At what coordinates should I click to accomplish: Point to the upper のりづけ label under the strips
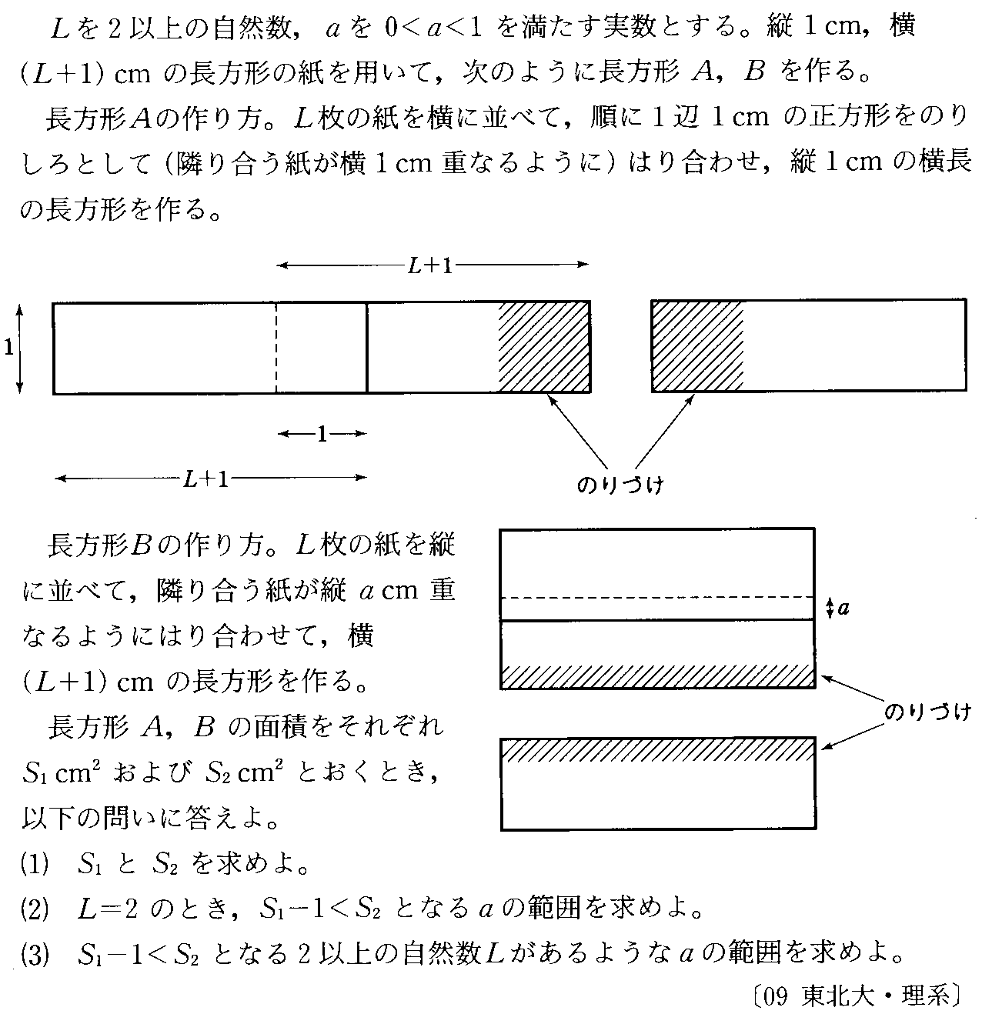click(x=620, y=485)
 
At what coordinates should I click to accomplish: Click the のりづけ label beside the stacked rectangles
click(x=927, y=712)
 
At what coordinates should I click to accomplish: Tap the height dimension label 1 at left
click(x=8, y=348)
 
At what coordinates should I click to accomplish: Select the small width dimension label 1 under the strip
click(x=322, y=435)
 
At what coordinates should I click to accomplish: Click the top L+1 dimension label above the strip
click(x=431, y=265)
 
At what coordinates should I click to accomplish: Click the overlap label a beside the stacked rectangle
click(x=843, y=609)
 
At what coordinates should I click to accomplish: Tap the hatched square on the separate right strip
click(x=697, y=346)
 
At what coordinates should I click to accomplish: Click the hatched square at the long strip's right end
click(x=544, y=347)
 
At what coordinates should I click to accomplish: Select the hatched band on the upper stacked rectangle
click(x=657, y=676)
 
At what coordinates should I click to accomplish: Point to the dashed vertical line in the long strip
click(x=276, y=347)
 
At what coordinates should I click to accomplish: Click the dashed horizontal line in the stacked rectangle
click(x=657, y=597)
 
